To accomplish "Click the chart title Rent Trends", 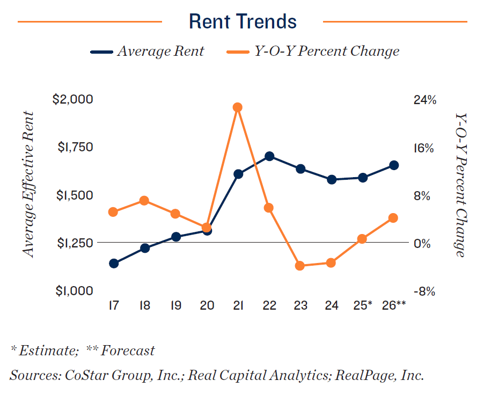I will tap(243, 22).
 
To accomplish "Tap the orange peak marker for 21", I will tap(238, 107).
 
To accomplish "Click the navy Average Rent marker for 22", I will tap(269, 156).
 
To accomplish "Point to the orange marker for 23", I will tap(300, 266).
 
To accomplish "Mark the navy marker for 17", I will tap(114, 264).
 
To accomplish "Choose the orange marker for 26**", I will tap(393, 218).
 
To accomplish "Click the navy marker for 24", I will tap(332, 179).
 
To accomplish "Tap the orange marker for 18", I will tap(144, 201).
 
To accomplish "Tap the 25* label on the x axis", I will tap(363, 305).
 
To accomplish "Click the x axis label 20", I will tap(207, 305).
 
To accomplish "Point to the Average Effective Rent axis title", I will tap(28, 185).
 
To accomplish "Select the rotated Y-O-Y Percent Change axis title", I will tap(460, 185).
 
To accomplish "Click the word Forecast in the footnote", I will tap(128, 351).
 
